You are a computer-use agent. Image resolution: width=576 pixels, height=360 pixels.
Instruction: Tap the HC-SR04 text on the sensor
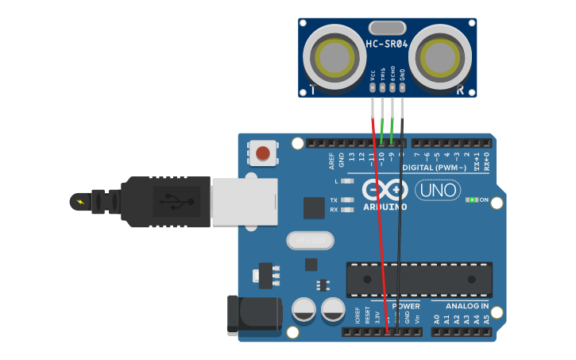[386, 45]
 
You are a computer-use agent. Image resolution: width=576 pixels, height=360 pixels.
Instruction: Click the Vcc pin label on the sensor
[373, 75]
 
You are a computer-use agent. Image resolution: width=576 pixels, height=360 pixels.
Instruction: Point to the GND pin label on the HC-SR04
[402, 75]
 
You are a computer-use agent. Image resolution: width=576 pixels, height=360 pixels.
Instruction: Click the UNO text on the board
[436, 191]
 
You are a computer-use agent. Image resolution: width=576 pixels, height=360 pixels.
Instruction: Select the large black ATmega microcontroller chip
[419, 280]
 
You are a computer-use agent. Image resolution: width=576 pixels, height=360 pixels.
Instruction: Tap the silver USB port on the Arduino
[244, 202]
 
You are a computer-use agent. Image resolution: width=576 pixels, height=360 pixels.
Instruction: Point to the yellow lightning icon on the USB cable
[79, 201]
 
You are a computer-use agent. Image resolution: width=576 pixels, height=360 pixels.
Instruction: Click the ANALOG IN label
[467, 306]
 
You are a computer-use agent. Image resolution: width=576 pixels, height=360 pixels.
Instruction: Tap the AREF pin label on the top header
[332, 161]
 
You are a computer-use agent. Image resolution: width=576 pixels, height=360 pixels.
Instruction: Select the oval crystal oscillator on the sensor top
[387, 28]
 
